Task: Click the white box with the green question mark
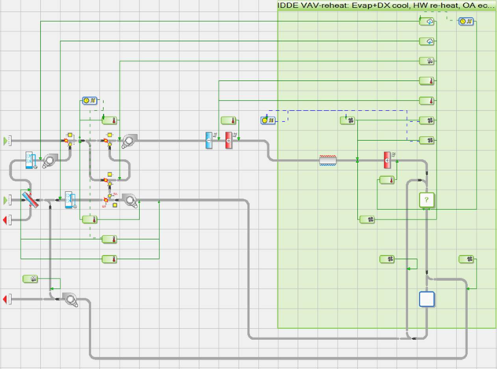tap(427, 200)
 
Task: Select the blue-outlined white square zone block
tap(426, 299)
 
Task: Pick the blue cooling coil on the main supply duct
tap(209, 140)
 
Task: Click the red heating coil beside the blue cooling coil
tap(229, 140)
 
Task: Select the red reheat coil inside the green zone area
tap(387, 160)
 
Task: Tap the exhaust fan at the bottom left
tap(69, 299)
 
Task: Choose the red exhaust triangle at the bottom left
tap(7, 299)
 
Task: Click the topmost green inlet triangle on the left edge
tap(7, 140)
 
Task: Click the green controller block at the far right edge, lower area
tap(465, 259)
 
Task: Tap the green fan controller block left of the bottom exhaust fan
tap(30, 279)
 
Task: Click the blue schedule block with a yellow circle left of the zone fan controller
tap(267, 120)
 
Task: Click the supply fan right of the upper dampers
tap(129, 140)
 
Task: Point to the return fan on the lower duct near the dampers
tap(129, 200)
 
